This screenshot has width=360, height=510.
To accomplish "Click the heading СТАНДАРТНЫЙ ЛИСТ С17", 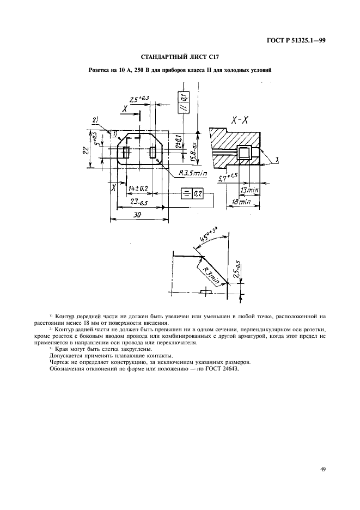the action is [x=180, y=57].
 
